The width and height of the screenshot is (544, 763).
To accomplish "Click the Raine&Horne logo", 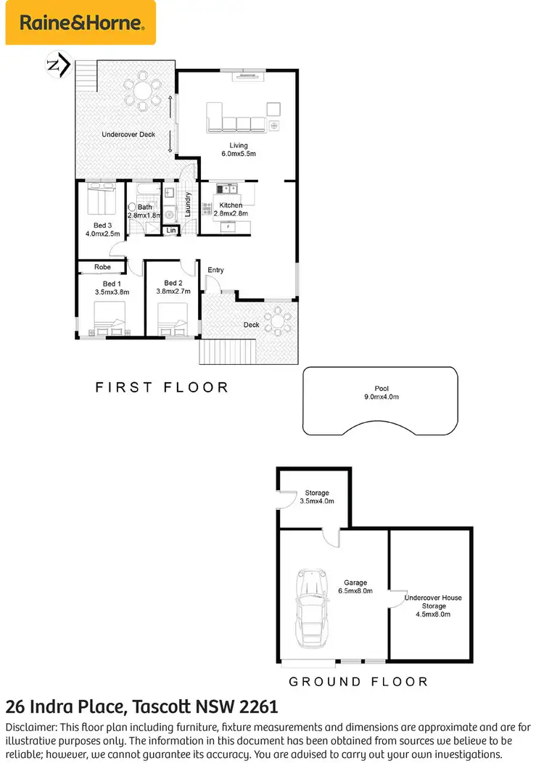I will (81, 22).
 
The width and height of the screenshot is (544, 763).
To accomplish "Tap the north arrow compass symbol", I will (57, 65).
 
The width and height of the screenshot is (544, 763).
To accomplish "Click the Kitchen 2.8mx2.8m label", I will (234, 210).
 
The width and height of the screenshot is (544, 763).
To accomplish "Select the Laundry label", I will (188, 205).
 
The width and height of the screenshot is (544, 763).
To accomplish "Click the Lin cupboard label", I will (171, 231).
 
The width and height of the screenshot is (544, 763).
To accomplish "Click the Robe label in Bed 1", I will (102, 268).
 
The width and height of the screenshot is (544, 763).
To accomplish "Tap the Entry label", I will (215, 271).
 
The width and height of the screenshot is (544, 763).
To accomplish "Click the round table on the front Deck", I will (277, 320).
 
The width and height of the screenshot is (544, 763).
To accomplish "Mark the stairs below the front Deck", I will (227, 353).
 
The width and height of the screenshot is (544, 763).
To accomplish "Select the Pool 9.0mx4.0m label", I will (381, 392).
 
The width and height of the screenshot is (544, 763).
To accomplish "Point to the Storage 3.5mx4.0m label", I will (316, 497).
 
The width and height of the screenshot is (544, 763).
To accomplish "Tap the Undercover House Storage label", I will (432, 606).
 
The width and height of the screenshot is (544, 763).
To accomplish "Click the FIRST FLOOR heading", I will (162, 388).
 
